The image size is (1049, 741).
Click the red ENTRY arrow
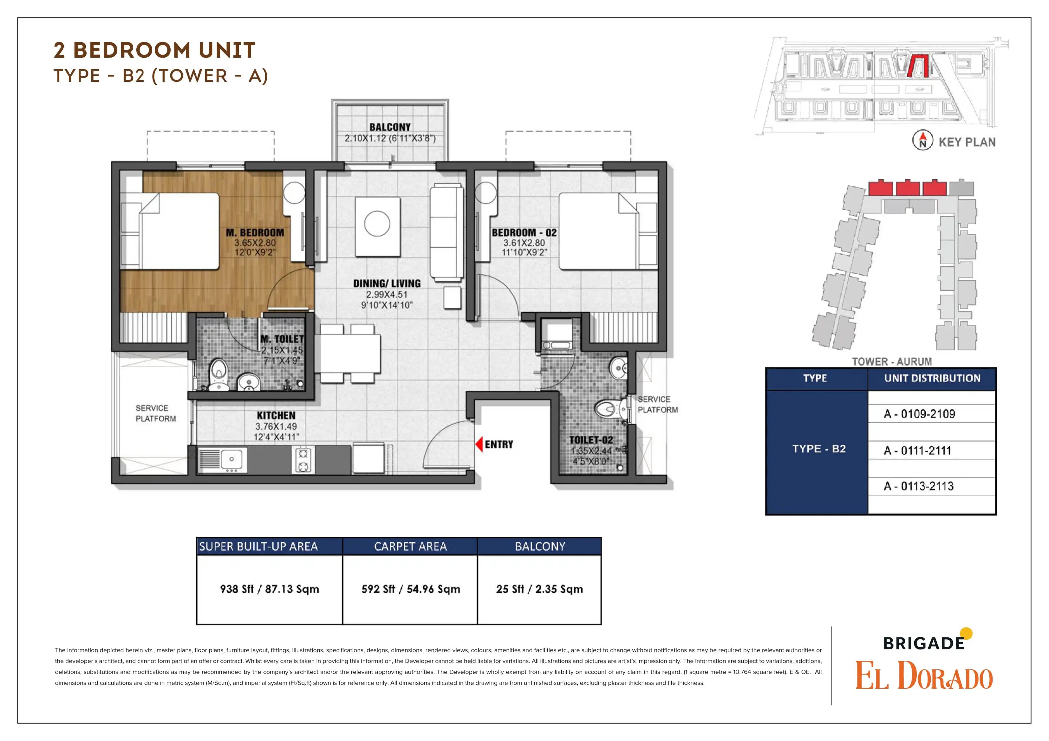point(479,444)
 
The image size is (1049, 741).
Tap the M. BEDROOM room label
point(255,233)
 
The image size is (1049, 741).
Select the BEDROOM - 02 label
point(524,233)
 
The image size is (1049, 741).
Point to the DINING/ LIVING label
point(387,284)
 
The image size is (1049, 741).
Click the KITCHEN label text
point(276,415)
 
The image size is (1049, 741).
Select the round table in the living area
point(377,224)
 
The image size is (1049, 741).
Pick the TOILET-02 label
point(591,440)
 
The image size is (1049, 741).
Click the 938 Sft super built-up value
point(269,589)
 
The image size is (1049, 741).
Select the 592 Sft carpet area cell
point(410,589)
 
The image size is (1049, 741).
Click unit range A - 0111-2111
point(917,450)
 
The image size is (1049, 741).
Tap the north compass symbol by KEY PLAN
point(922,140)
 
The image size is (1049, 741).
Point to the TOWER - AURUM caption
point(891,361)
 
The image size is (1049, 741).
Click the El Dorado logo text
point(924,676)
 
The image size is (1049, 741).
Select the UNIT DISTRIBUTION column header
point(932,379)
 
